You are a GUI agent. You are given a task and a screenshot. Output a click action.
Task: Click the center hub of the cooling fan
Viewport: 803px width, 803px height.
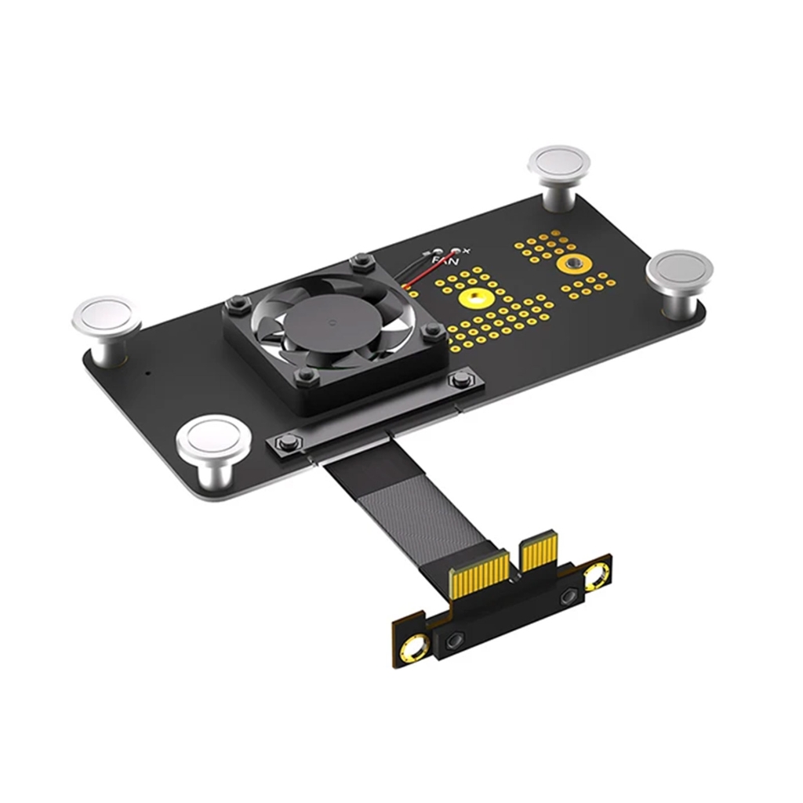(x=329, y=324)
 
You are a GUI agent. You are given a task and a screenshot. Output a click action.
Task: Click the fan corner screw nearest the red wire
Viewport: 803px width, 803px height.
(x=360, y=260)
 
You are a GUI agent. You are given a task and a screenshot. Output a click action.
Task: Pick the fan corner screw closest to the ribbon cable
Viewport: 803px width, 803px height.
(x=307, y=377)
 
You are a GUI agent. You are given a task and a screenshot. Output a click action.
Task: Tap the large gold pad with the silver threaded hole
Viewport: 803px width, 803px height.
(x=573, y=264)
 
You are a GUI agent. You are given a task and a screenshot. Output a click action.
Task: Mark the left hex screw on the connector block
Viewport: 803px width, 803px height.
(x=452, y=641)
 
